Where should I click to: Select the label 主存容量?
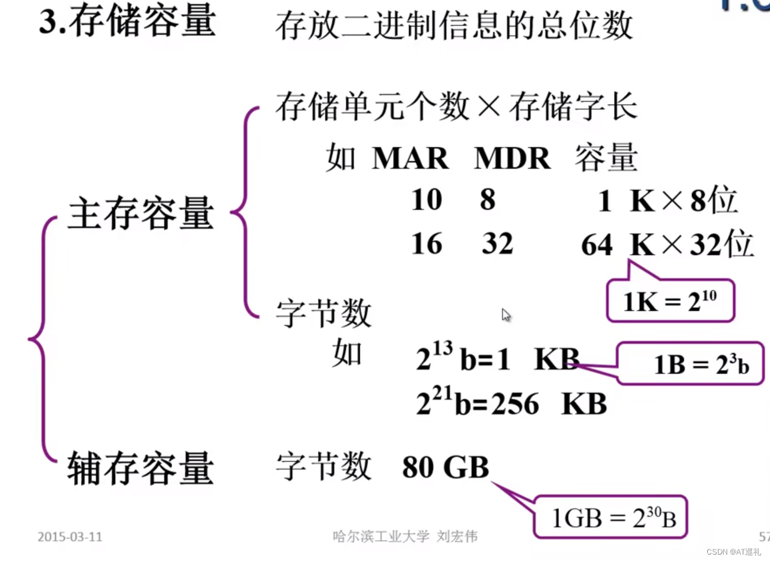(141, 213)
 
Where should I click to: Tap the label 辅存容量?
(141, 468)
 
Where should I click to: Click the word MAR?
(410, 158)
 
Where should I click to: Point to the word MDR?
(512, 158)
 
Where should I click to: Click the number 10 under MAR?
(427, 200)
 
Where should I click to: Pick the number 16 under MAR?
(427, 244)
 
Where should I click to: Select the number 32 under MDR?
(498, 244)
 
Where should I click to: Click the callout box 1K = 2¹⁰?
(670, 301)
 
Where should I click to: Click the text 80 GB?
(445, 467)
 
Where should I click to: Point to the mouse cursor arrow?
(506, 315)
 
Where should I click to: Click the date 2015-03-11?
(70, 537)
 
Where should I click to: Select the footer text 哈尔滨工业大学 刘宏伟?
(405, 536)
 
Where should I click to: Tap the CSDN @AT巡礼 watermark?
(733, 552)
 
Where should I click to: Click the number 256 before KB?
(515, 404)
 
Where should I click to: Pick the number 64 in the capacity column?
(596, 245)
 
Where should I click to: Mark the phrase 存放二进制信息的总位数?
(454, 26)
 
